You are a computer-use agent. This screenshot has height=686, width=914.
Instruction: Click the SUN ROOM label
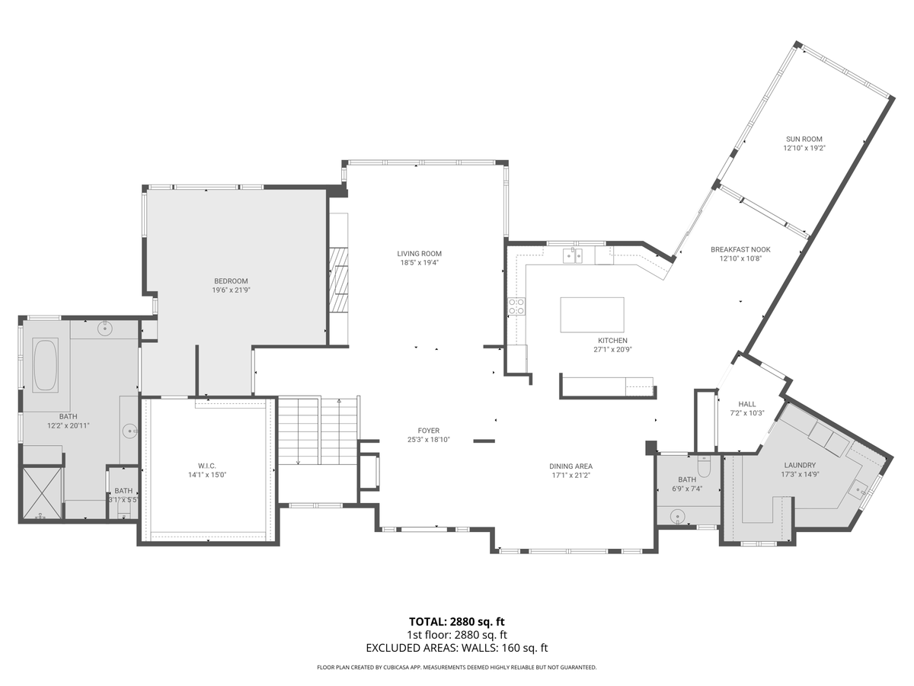click(804, 139)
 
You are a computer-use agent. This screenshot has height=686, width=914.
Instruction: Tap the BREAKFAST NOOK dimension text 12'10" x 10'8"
click(740, 258)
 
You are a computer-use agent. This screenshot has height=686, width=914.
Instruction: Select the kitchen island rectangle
click(592, 315)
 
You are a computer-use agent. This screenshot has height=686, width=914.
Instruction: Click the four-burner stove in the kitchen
click(516, 306)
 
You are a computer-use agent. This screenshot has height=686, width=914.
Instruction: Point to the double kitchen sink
click(573, 255)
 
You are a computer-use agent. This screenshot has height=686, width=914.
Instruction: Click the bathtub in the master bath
click(46, 366)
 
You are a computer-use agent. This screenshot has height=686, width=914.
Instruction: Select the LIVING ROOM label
click(419, 254)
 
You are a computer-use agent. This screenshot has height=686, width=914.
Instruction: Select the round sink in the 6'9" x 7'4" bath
click(677, 517)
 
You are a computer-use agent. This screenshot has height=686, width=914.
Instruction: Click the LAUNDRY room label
click(800, 465)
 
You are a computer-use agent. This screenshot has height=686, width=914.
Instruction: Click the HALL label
click(746, 404)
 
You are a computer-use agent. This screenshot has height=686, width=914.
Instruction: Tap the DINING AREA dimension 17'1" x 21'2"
click(570, 476)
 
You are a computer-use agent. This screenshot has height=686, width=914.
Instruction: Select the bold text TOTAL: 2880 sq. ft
click(457, 621)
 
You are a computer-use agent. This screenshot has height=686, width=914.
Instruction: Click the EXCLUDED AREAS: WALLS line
click(457, 648)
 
